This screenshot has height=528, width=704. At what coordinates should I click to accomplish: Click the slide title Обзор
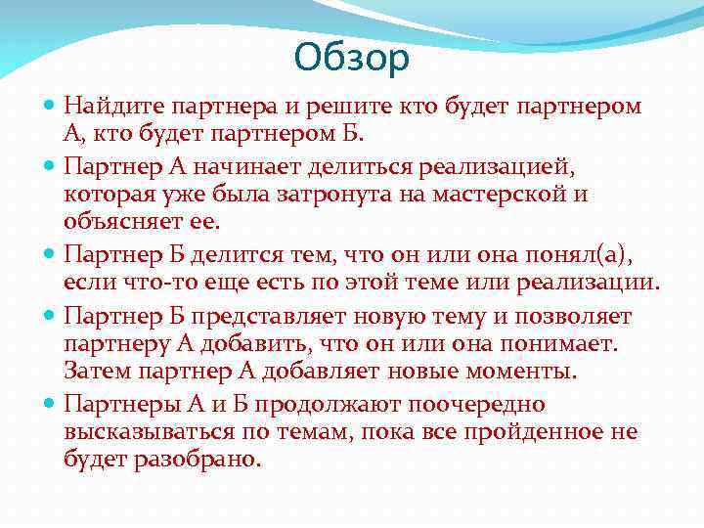click(351, 59)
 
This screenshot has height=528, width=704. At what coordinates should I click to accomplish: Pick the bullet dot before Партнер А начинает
click(50, 167)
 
